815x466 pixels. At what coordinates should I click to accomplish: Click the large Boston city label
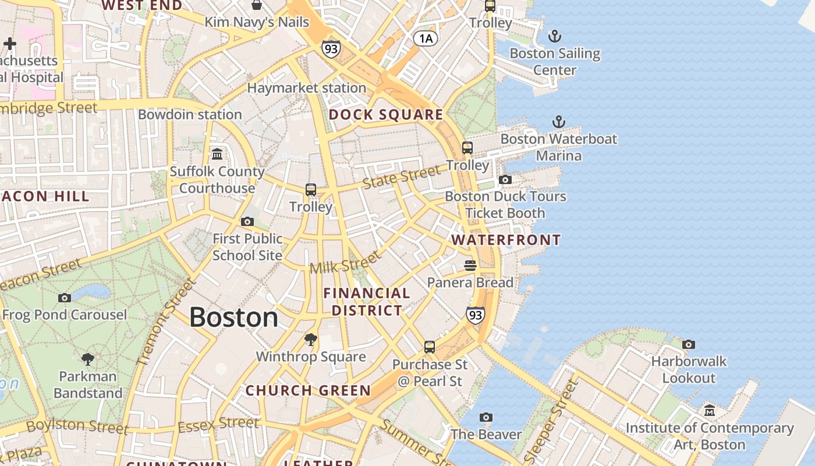pos(233,317)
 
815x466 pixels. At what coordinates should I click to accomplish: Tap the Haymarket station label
pos(307,88)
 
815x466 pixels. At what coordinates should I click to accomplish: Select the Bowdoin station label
pos(190,114)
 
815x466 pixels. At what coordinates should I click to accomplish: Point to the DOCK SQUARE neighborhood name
pos(386,115)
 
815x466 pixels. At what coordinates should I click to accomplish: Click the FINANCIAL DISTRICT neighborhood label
pos(367,302)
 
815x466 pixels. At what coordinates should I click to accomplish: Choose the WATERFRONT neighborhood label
pos(506,240)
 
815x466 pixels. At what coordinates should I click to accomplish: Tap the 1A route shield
pos(425,38)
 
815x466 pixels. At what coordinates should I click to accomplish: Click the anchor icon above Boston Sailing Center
pos(555,37)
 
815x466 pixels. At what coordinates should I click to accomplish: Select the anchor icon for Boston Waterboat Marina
pos(558,122)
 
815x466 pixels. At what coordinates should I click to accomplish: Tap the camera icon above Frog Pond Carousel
pos(65,298)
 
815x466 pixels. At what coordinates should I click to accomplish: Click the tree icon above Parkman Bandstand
pos(88,359)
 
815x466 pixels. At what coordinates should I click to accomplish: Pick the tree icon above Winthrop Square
pos(311,340)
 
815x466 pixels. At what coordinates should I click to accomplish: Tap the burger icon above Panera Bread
pos(470,266)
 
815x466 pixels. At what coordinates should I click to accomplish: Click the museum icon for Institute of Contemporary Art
pos(709,411)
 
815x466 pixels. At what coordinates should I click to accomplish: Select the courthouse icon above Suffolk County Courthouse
pos(217,154)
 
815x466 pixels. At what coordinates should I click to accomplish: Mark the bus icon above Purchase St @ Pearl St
pos(430,347)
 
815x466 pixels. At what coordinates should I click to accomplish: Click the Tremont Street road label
pos(166,322)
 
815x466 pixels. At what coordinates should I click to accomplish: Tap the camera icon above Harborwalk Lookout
pos(689,344)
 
